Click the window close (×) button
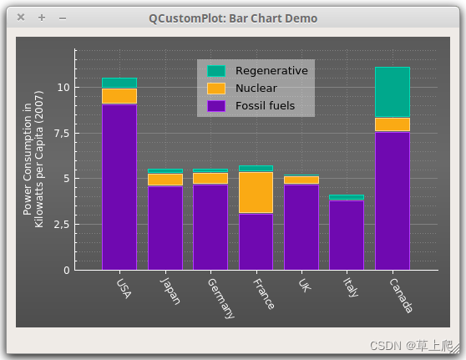pyautogui.click(x=21, y=18)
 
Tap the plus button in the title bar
pyautogui.click(x=42, y=18)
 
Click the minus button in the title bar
pyautogui.click(x=63, y=18)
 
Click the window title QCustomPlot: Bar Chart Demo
pyautogui.click(x=233, y=18)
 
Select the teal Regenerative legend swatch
pyautogui.click(x=216, y=71)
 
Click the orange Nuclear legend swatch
pyautogui.click(x=216, y=89)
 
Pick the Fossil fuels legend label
pyautogui.click(x=265, y=105)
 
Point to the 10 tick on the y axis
pyautogui.click(x=63, y=88)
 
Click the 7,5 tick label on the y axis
pyautogui.click(x=62, y=134)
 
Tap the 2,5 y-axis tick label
pyautogui.click(x=62, y=225)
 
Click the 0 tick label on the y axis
pyautogui.click(x=67, y=271)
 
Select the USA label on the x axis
pyautogui.click(x=124, y=288)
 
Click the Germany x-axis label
pyautogui.click(x=220, y=298)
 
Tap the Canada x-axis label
pyautogui.click(x=401, y=296)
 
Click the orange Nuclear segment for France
pyautogui.click(x=256, y=192)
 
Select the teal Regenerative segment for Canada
pyautogui.click(x=393, y=92)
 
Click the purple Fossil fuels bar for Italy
pyautogui.click(x=347, y=236)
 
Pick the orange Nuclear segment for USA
pyautogui.click(x=119, y=96)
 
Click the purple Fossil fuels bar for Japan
pyautogui.click(x=165, y=228)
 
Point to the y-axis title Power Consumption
pyautogui.click(x=27, y=159)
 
